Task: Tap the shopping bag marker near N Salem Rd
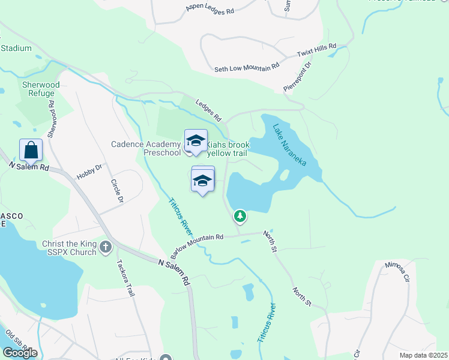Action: [x=31, y=150]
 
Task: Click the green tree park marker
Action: [x=240, y=215]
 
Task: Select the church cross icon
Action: [x=106, y=247]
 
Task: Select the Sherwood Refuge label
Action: [x=41, y=89]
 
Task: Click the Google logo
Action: [x=20, y=353]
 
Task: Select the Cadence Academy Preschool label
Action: [x=146, y=148]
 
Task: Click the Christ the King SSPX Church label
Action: [x=69, y=248]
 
